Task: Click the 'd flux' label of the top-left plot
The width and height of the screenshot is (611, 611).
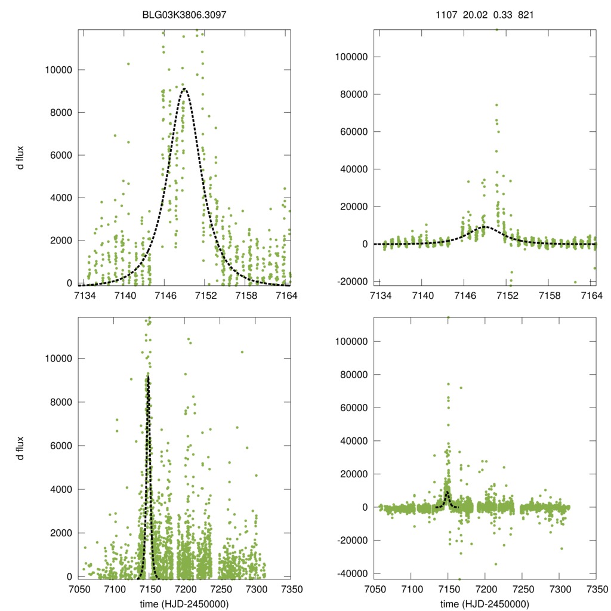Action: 20,157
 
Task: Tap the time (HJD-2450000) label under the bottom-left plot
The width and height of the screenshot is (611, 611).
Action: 184,604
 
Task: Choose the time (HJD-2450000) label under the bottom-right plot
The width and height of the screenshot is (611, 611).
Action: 485,604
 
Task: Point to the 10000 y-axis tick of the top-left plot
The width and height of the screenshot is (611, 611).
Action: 58,70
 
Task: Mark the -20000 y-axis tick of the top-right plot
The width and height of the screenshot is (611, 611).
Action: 351,282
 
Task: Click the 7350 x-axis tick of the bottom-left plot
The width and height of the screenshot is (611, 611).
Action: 291,587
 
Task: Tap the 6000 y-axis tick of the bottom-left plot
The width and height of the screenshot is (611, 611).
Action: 62,446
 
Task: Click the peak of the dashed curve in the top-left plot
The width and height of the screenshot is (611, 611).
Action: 184,89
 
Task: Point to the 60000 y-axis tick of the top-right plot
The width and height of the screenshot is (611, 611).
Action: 354,132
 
